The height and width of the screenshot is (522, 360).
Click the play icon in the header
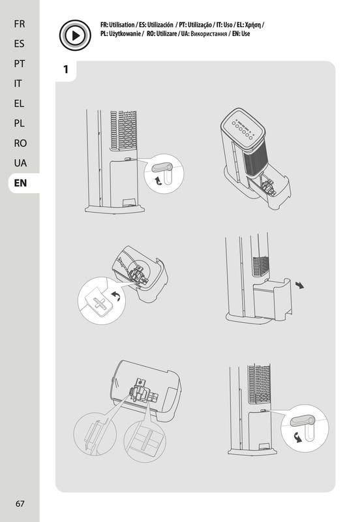[x=75, y=35]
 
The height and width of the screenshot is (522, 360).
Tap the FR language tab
[x=20, y=24]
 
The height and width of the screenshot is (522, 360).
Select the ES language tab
[x=20, y=44]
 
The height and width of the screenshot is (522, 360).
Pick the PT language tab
[x=20, y=63]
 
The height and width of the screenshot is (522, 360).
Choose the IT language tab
[x=18, y=84]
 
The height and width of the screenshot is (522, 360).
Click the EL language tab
[x=19, y=104]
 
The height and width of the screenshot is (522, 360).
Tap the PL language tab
[x=20, y=123]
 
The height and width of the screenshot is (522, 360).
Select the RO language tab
[x=20, y=143]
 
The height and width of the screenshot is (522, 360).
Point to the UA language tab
[x=20, y=163]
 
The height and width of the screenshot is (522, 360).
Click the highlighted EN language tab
[x=21, y=183]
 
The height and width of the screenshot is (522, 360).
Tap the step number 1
[x=66, y=69]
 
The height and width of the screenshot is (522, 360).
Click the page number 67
[x=20, y=504]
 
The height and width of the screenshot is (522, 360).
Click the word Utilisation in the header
[x=122, y=25]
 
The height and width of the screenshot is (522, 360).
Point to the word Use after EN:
[x=246, y=34]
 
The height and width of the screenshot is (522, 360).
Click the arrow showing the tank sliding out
[x=299, y=285]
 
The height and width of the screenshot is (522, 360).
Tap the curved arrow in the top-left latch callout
[x=158, y=181]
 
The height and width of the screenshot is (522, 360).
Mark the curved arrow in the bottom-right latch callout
[x=298, y=437]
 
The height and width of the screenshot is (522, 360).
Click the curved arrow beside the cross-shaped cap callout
[x=116, y=296]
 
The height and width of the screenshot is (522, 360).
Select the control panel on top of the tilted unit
[x=243, y=127]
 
